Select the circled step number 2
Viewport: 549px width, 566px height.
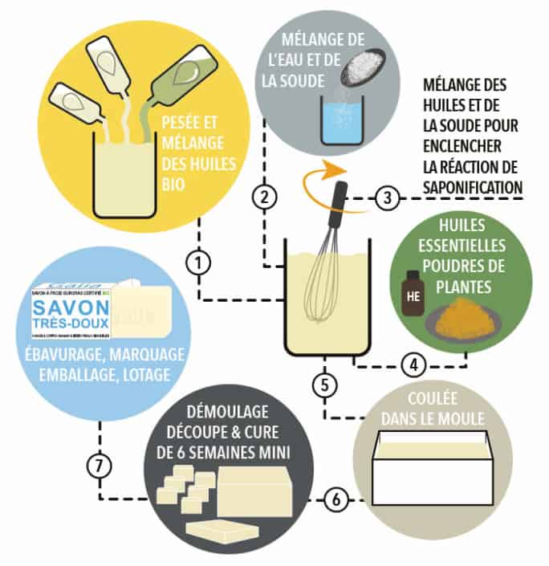[x=264, y=195]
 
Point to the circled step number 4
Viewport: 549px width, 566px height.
[x=414, y=365]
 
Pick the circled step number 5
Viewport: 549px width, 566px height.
[x=324, y=384]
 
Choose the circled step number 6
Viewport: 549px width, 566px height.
[x=336, y=499]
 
